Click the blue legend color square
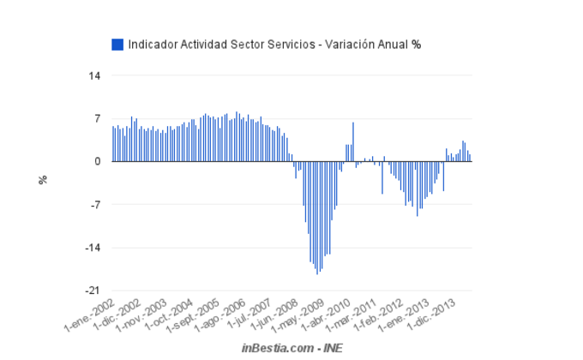pyautogui.click(x=118, y=44)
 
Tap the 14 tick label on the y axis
pyautogui.click(x=94, y=76)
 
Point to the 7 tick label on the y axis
pyautogui.click(x=98, y=118)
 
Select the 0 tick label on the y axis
pyautogui.click(x=98, y=161)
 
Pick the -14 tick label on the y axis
pyautogui.click(x=93, y=248)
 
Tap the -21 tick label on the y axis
pyautogui.click(x=93, y=291)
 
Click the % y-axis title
pyautogui.click(x=42, y=179)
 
